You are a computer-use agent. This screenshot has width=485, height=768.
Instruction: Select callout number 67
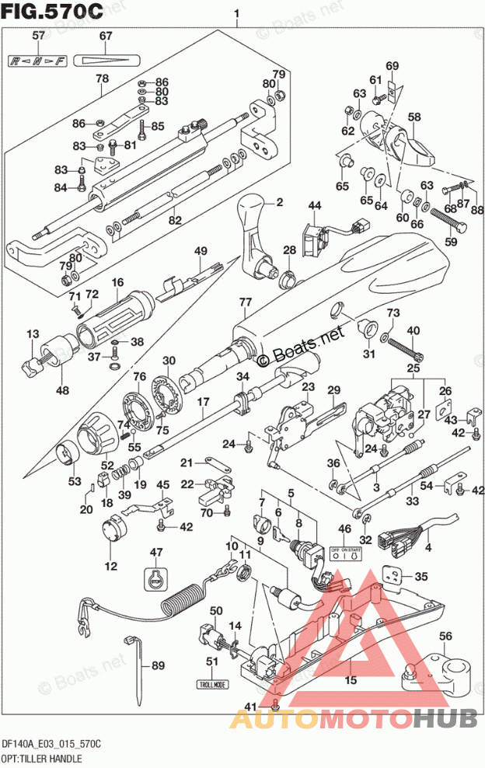(106, 36)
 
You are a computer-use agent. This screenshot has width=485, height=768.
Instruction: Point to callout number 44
(313, 205)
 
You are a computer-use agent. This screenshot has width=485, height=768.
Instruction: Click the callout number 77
(246, 302)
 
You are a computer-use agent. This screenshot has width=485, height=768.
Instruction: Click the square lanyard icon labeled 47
(156, 578)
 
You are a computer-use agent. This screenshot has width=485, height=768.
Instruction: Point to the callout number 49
(201, 250)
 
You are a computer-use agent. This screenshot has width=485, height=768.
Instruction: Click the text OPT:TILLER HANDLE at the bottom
(44, 757)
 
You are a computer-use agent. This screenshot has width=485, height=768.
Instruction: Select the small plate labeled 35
(398, 576)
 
